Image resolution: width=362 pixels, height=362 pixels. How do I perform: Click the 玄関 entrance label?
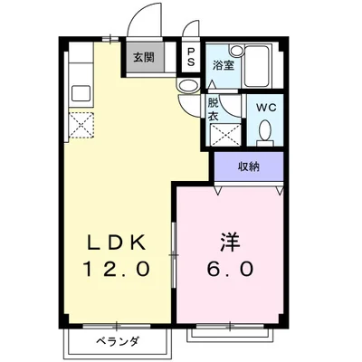point(144,57)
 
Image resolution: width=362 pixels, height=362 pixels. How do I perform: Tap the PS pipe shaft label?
point(192,57)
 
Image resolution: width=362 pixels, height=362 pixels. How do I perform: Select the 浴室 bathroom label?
point(222,66)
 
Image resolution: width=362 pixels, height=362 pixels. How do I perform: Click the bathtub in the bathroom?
point(262,64)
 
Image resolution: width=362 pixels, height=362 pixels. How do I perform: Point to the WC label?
point(265,108)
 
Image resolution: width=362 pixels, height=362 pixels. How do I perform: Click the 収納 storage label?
point(249,166)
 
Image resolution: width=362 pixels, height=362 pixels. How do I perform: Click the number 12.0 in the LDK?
point(116,269)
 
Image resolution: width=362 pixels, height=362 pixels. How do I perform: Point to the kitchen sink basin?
point(78,93)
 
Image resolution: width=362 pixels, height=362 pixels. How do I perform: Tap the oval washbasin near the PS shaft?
point(187,85)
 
